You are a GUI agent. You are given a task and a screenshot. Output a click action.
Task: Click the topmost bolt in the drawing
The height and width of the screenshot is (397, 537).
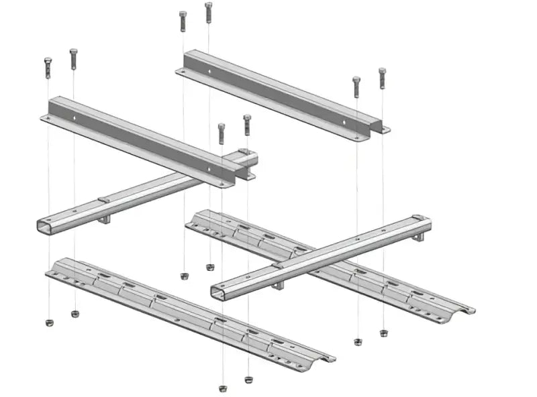pos(208,12)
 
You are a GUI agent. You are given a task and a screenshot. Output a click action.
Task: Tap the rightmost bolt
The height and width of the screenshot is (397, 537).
pos(382,77)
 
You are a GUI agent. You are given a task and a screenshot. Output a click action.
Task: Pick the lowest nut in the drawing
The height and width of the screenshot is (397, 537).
pos(223,388)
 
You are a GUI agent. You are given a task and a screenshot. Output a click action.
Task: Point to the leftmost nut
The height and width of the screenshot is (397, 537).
pos(48,323)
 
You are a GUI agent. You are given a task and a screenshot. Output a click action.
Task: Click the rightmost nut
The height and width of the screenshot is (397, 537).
pos(383,333)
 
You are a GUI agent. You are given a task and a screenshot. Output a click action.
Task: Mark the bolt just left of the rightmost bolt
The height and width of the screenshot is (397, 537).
pos(356,86)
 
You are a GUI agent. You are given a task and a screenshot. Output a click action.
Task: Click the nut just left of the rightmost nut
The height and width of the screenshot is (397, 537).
pos(358,341)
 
